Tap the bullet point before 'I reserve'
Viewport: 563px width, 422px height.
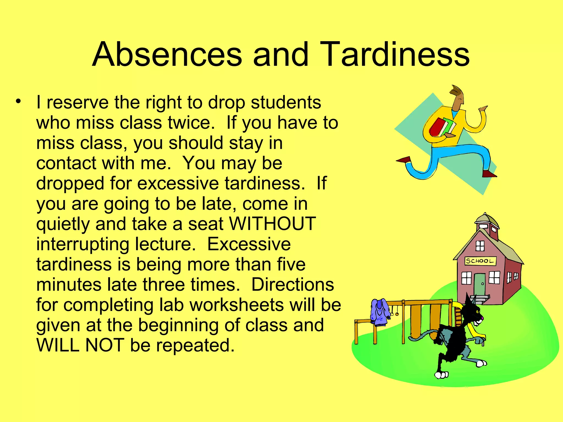pos(18,101)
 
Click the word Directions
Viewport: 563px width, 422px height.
pos(292,284)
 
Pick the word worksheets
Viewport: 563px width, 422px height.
pos(236,305)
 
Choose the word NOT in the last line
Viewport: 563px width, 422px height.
pos(104,345)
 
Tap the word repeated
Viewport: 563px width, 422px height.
pos(195,346)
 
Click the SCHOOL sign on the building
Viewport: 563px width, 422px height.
pos(480,261)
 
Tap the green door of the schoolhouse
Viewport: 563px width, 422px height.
pos(480,284)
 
